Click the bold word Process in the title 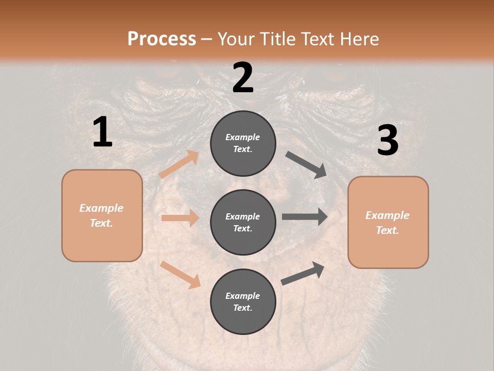[162, 39]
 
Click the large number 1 [102, 132]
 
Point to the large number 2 [243, 78]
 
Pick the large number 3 [387, 141]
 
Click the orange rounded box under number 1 [102, 215]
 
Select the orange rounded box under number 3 [388, 222]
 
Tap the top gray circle [243, 143]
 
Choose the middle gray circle [243, 222]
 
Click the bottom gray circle [243, 301]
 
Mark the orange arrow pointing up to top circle [179, 164]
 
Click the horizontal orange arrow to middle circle [180, 218]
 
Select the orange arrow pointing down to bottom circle [180, 274]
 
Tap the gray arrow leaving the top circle [306, 164]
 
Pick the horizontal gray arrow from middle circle [305, 216]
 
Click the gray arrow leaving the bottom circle [303, 273]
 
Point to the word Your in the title [234, 39]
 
